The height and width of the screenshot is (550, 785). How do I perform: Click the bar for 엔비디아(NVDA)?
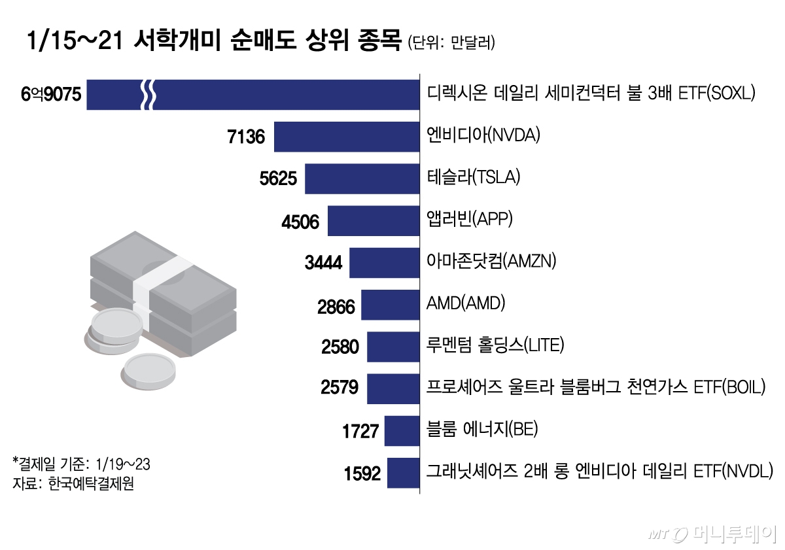pos(346,137)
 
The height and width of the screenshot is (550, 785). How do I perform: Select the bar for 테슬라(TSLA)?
pos(362,179)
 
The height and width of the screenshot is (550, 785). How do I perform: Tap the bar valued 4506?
pos(373,221)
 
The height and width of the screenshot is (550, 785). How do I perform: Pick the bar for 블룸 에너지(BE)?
pos(401,431)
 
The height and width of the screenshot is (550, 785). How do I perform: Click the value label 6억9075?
pos(50,95)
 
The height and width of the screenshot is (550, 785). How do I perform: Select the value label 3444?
pos(323,263)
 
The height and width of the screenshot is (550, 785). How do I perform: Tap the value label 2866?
pos(336,305)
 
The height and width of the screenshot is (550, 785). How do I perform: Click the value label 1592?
pos(362,473)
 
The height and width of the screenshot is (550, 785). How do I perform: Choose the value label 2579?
pos(340,388)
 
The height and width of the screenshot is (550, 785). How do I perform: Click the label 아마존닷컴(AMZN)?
pos(491,261)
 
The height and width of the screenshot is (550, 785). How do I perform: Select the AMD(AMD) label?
pos(466,303)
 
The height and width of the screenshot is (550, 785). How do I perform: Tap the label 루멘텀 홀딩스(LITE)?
pos(495,345)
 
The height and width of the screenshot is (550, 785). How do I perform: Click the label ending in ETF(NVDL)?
pos(599,471)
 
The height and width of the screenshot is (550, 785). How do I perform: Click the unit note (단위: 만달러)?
pos(451,43)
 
